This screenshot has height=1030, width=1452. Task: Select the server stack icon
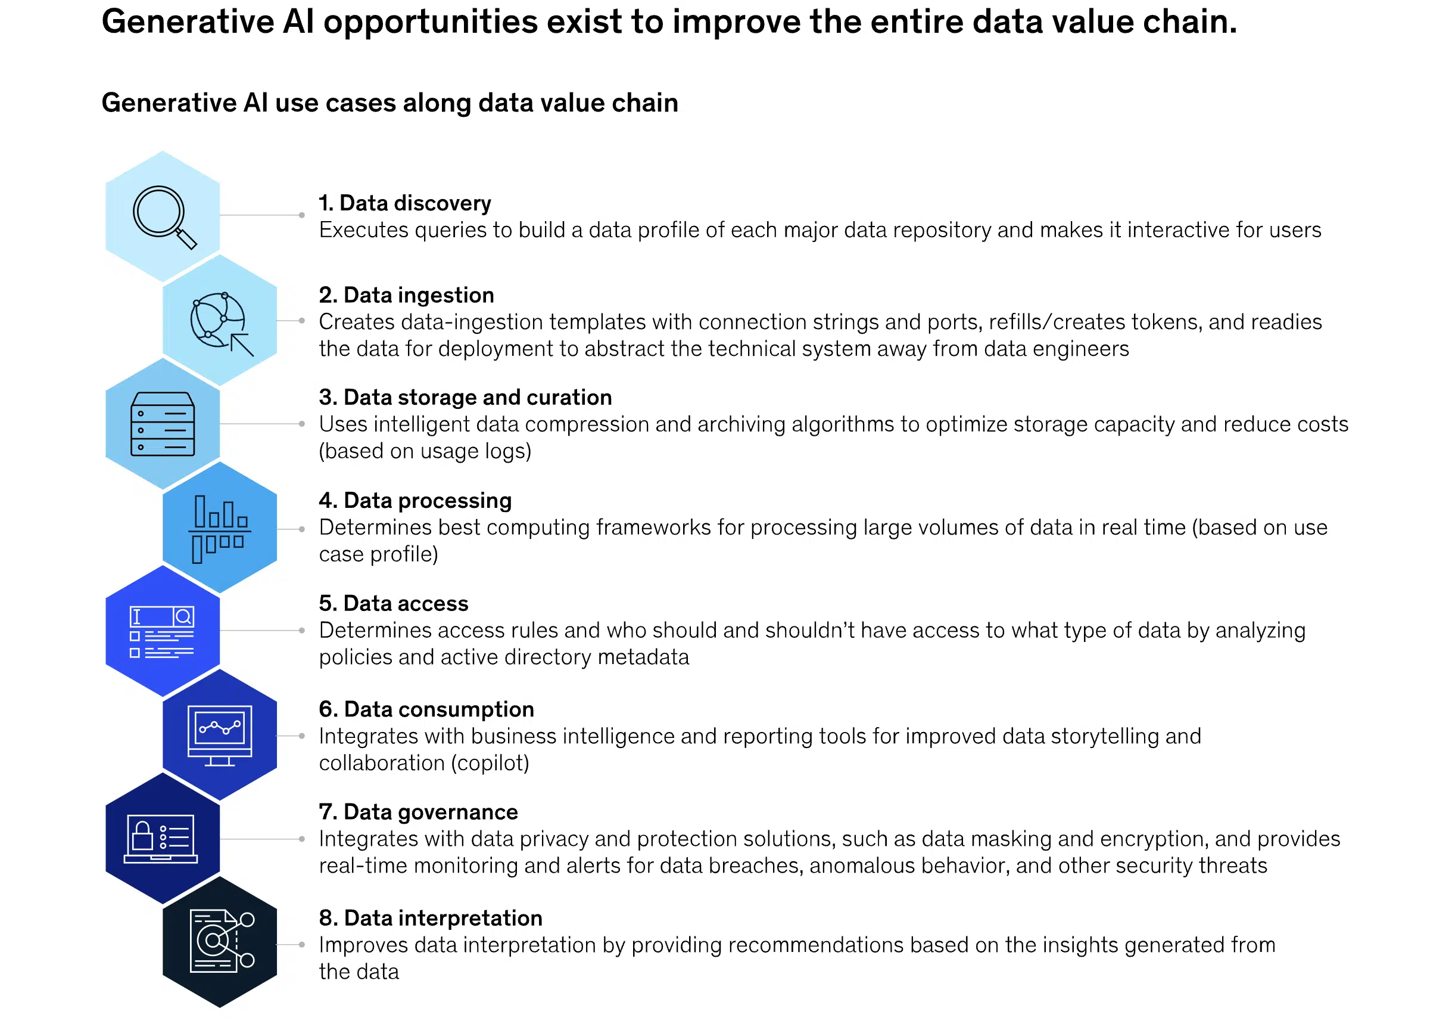tap(162, 424)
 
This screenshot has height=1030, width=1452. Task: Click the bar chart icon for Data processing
tap(219, 529)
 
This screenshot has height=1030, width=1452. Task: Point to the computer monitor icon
tap(219, 735)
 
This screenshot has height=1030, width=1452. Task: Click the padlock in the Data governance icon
tap(142, 835)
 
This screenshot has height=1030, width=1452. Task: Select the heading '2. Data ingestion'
tap(406, 295)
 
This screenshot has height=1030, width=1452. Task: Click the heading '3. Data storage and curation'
tap(465, 397)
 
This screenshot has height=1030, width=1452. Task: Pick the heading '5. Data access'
tap(394, 603)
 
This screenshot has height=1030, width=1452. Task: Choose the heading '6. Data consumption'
tap(426, 709)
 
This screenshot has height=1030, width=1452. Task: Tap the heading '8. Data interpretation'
tap(431, 918)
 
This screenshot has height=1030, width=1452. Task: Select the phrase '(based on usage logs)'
tap(425, 451)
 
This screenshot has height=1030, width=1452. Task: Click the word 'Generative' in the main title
tap(188, 21)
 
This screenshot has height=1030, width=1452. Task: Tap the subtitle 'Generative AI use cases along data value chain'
tap(390, 103)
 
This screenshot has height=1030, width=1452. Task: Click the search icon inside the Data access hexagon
tap(183, 616)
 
